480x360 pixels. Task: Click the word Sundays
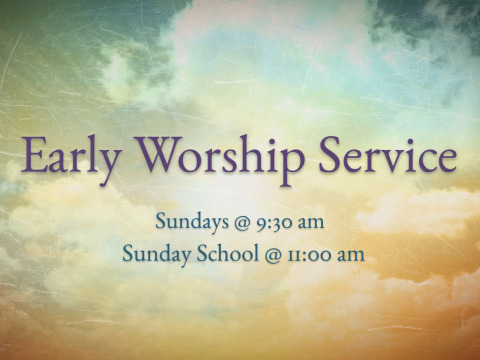pyautogui.click(x=192, y=222)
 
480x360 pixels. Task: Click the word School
pyautogui.click(x=227, y=253)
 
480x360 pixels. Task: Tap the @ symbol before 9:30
pyautogui.click(x=242, y=223)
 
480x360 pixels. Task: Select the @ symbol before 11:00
pyautogui.click(x=273, y=255)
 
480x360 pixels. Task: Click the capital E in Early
pyautogui.click(x=33, y=155)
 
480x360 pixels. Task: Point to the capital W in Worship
pyautogui.click(x=159, y=154)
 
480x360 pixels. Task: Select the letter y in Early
pyautogui.click(x=108, y=166)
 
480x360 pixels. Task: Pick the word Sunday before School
pyautogui.click(x=156, y=254)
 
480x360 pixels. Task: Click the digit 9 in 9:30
pyautogui.click(x=261, y=224)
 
